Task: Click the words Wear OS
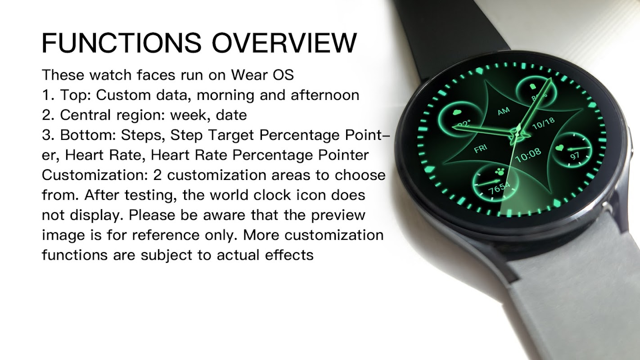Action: [x=262, y=75]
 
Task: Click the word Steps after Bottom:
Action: [x=143, y=135]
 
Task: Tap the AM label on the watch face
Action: [x=504, y=111]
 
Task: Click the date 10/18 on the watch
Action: [x=544, y=123]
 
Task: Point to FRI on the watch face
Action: [x=481, y=148]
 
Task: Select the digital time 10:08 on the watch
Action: [x=528, y=155]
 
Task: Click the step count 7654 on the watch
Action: [x=499, y=188]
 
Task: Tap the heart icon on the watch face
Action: [x=559, y=148]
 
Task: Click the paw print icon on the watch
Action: [x=500, y=172]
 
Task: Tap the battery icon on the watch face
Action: [x=532, y=86]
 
